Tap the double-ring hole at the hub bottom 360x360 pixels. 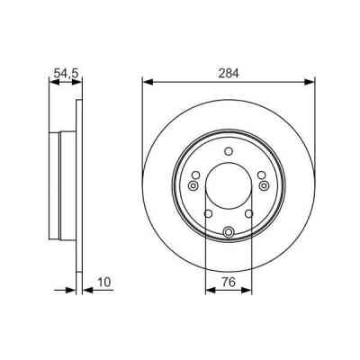[229, 232]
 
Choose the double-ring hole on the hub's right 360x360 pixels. [264, 186]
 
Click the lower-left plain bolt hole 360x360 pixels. [208, 214]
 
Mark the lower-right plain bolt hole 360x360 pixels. [250, 214]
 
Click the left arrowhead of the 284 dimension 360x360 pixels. [147, 81]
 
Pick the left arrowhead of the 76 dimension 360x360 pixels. [210, 291]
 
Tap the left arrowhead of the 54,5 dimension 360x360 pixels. [50, 81]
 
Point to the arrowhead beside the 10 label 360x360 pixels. [87, 291]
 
